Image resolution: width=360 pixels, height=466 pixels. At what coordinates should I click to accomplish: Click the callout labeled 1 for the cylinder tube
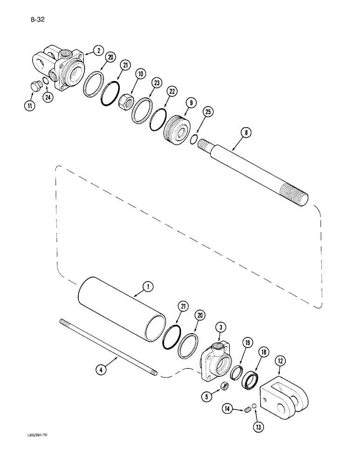(148, 288)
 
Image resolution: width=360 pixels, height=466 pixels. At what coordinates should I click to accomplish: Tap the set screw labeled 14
(249, 410)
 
